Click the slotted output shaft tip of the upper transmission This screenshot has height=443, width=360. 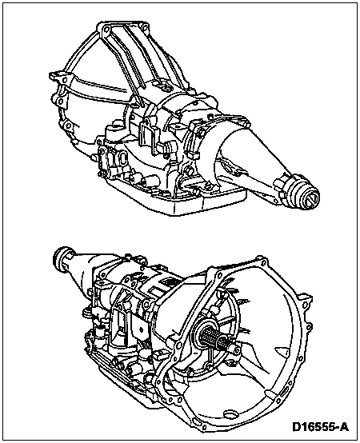312,201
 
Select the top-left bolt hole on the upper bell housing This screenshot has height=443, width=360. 106,30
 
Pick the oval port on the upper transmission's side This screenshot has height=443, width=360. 123,159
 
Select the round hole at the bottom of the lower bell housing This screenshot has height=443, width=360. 230,413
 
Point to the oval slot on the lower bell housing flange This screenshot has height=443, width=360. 284,393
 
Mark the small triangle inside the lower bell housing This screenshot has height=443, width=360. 282,350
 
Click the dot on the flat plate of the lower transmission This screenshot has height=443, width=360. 141,329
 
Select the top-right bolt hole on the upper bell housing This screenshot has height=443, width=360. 144,27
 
